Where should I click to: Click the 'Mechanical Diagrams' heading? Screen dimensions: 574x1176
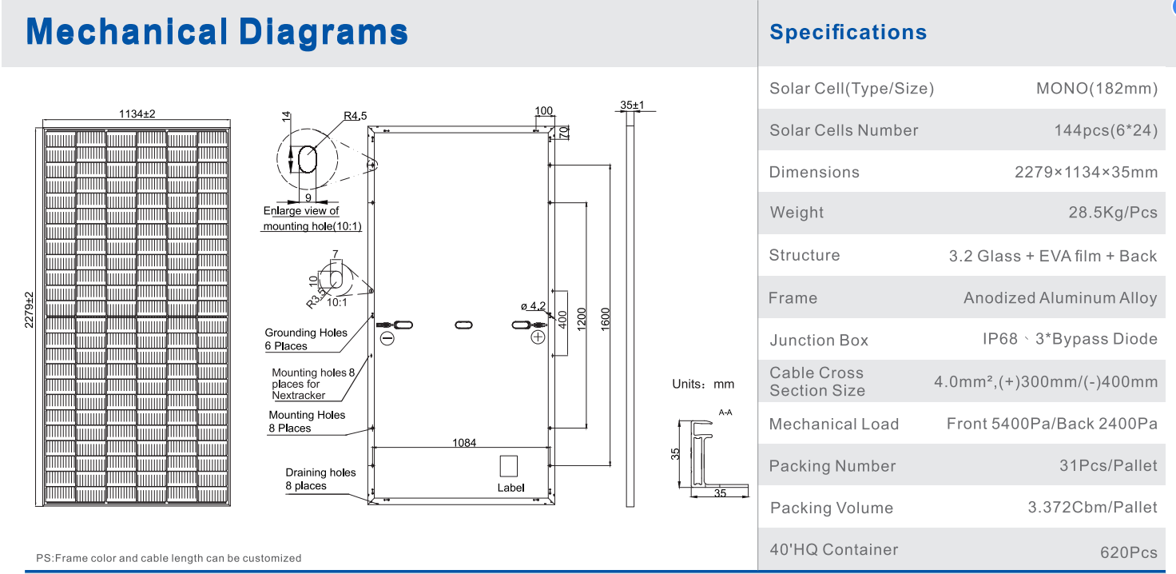217,33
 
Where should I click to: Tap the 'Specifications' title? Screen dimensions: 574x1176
848,33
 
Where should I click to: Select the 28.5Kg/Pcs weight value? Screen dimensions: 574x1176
1106,213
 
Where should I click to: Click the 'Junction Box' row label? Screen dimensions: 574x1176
818,341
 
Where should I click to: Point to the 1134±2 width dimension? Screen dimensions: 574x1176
137,114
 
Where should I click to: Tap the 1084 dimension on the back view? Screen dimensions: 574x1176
464,442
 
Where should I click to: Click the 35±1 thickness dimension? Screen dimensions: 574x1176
631,105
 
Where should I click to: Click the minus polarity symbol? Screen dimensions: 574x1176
387,338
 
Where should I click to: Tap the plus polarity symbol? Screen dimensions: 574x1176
538,337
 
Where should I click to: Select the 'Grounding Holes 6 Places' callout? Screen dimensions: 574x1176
306,339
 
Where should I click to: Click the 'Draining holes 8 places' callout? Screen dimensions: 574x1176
320,479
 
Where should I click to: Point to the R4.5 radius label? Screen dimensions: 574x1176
355,116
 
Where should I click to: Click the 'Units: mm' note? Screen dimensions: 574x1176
703,385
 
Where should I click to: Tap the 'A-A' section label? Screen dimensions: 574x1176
725,413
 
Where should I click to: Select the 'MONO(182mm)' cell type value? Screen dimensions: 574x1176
1096,89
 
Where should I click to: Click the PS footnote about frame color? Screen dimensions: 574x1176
169,558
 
